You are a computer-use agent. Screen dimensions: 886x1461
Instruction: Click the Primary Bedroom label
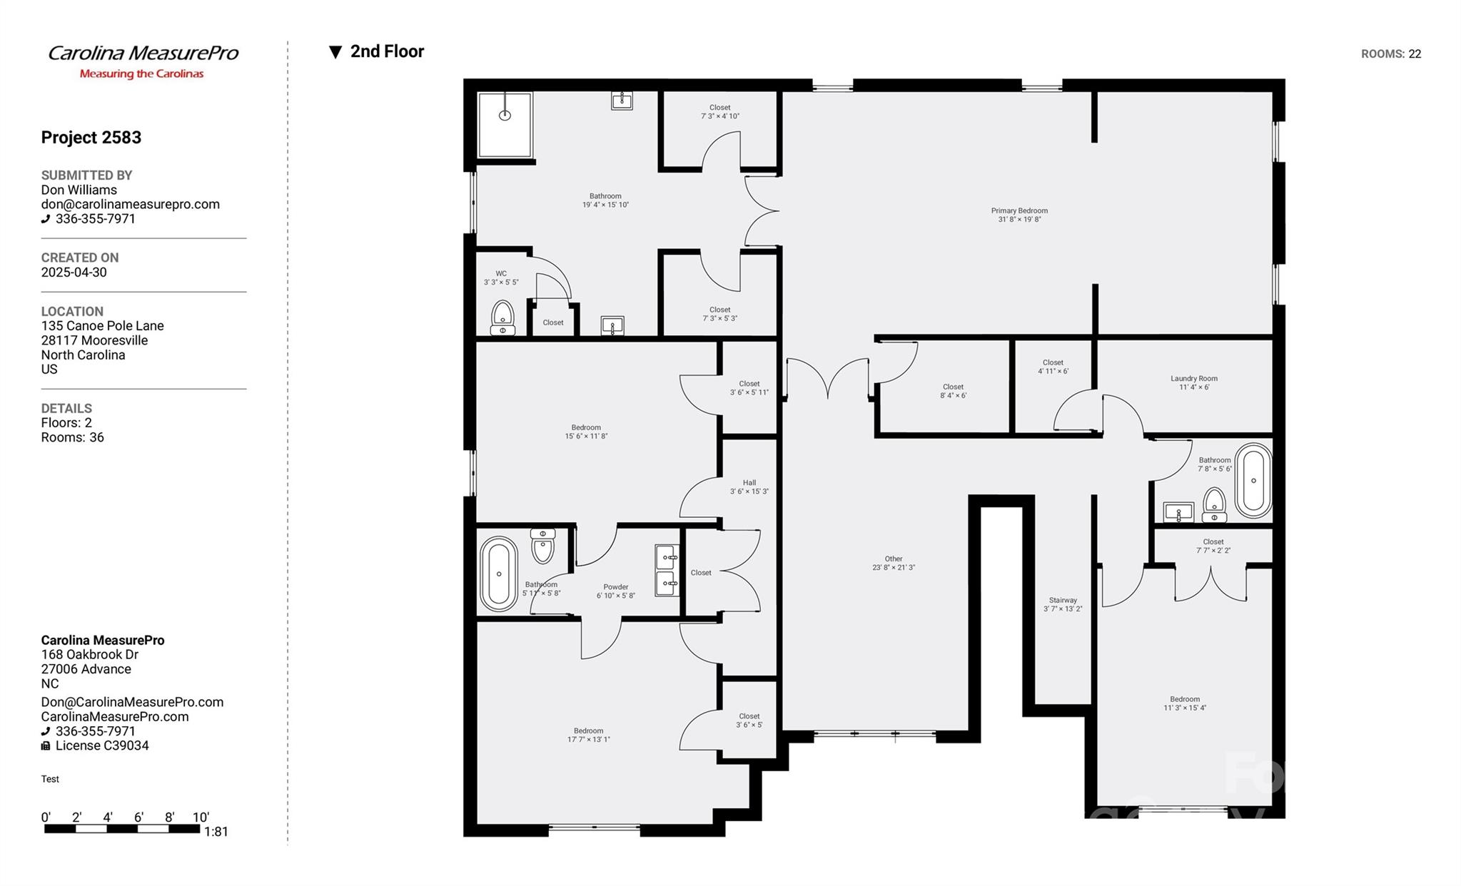(1018, 215)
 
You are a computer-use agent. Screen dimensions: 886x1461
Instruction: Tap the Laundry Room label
(1193, 383)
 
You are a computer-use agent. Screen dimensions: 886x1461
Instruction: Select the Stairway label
(1062, 604)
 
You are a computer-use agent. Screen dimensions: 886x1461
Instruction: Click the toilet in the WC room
(502, 317)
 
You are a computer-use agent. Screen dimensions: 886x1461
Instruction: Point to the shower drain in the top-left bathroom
(505, 115)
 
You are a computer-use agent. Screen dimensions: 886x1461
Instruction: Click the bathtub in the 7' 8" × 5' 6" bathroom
(1253, 480)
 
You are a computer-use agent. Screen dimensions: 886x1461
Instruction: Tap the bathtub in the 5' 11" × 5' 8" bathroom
(498, 574)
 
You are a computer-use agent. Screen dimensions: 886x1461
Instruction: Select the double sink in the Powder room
(667, 570)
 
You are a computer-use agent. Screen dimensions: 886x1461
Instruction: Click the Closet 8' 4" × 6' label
(953, 391)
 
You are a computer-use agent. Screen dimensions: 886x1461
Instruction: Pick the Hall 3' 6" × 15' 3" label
(749, 487)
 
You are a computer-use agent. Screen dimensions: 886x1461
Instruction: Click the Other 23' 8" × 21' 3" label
(893, 563)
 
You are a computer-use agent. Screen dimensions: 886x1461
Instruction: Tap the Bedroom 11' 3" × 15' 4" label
(1184, 703)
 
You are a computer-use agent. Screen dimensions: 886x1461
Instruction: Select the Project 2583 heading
(91, 137)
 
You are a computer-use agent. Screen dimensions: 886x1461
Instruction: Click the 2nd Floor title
(386, 51)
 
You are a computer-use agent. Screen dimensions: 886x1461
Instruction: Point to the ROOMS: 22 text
(1390, 54)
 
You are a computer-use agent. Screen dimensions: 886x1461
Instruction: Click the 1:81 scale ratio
(216, 831)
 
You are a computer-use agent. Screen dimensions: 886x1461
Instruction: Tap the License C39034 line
(101, 745)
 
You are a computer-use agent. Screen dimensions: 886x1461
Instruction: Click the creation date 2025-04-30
(74, 273)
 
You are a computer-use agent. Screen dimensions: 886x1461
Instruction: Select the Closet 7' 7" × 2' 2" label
(1213, 546)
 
